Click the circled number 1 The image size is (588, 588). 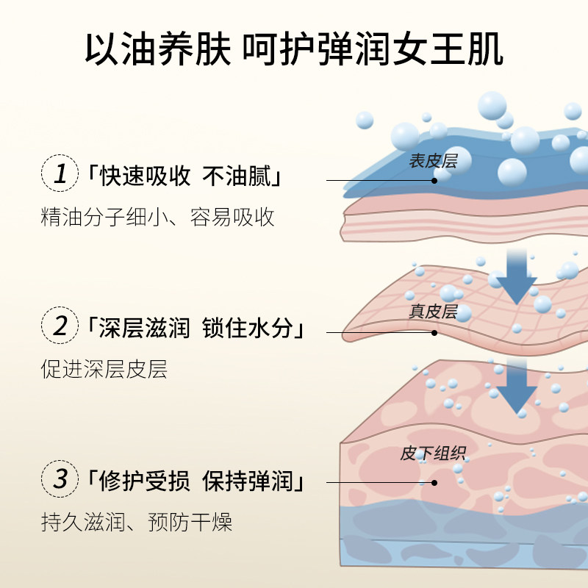60,175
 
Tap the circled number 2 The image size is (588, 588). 60,326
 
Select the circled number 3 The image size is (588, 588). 60,481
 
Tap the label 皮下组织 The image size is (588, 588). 434,453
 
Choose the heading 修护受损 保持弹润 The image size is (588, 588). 201,483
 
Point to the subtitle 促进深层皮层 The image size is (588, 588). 104,368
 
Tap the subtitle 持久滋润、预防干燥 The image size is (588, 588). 137,523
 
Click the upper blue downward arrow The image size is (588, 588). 517,276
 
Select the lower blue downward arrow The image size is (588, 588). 515,387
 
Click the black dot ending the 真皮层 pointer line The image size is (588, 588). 434,332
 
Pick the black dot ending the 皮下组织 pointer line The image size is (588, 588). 434,483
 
